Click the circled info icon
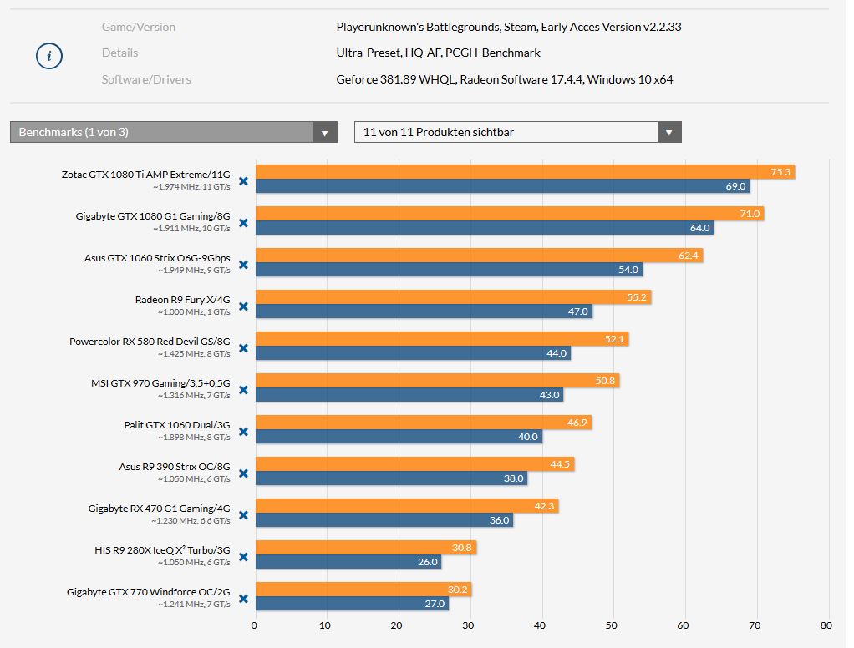pyautogui.click(x=49, y=56)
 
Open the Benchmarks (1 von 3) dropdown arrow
pyautogui.click(x=325, y=132)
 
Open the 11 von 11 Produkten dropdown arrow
pyautogui.click(x=668, y=132)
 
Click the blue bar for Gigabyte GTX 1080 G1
pyautogui.click(x=484, y=228)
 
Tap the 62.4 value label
pyautogui.click(x=689, y=256)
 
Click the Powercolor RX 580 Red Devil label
pyautogui.click(x=150, y=342)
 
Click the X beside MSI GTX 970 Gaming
pyautogui.click(x=243, y=389)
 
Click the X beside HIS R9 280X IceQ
pyautogui.click(x=243, y=556)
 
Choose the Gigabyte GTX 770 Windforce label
pyautogui.click(x=148, y=592)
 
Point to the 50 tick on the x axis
pyautogui.click(x=613, y=625)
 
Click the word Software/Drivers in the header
pyautogui.click(x=146, y=79)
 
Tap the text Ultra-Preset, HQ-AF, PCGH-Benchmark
pyautogui.click(x=438, y=53)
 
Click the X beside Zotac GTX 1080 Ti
pyautogui.click(x=243, y=180)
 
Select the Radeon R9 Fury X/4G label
pyautogui.click(x=182, y=300)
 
